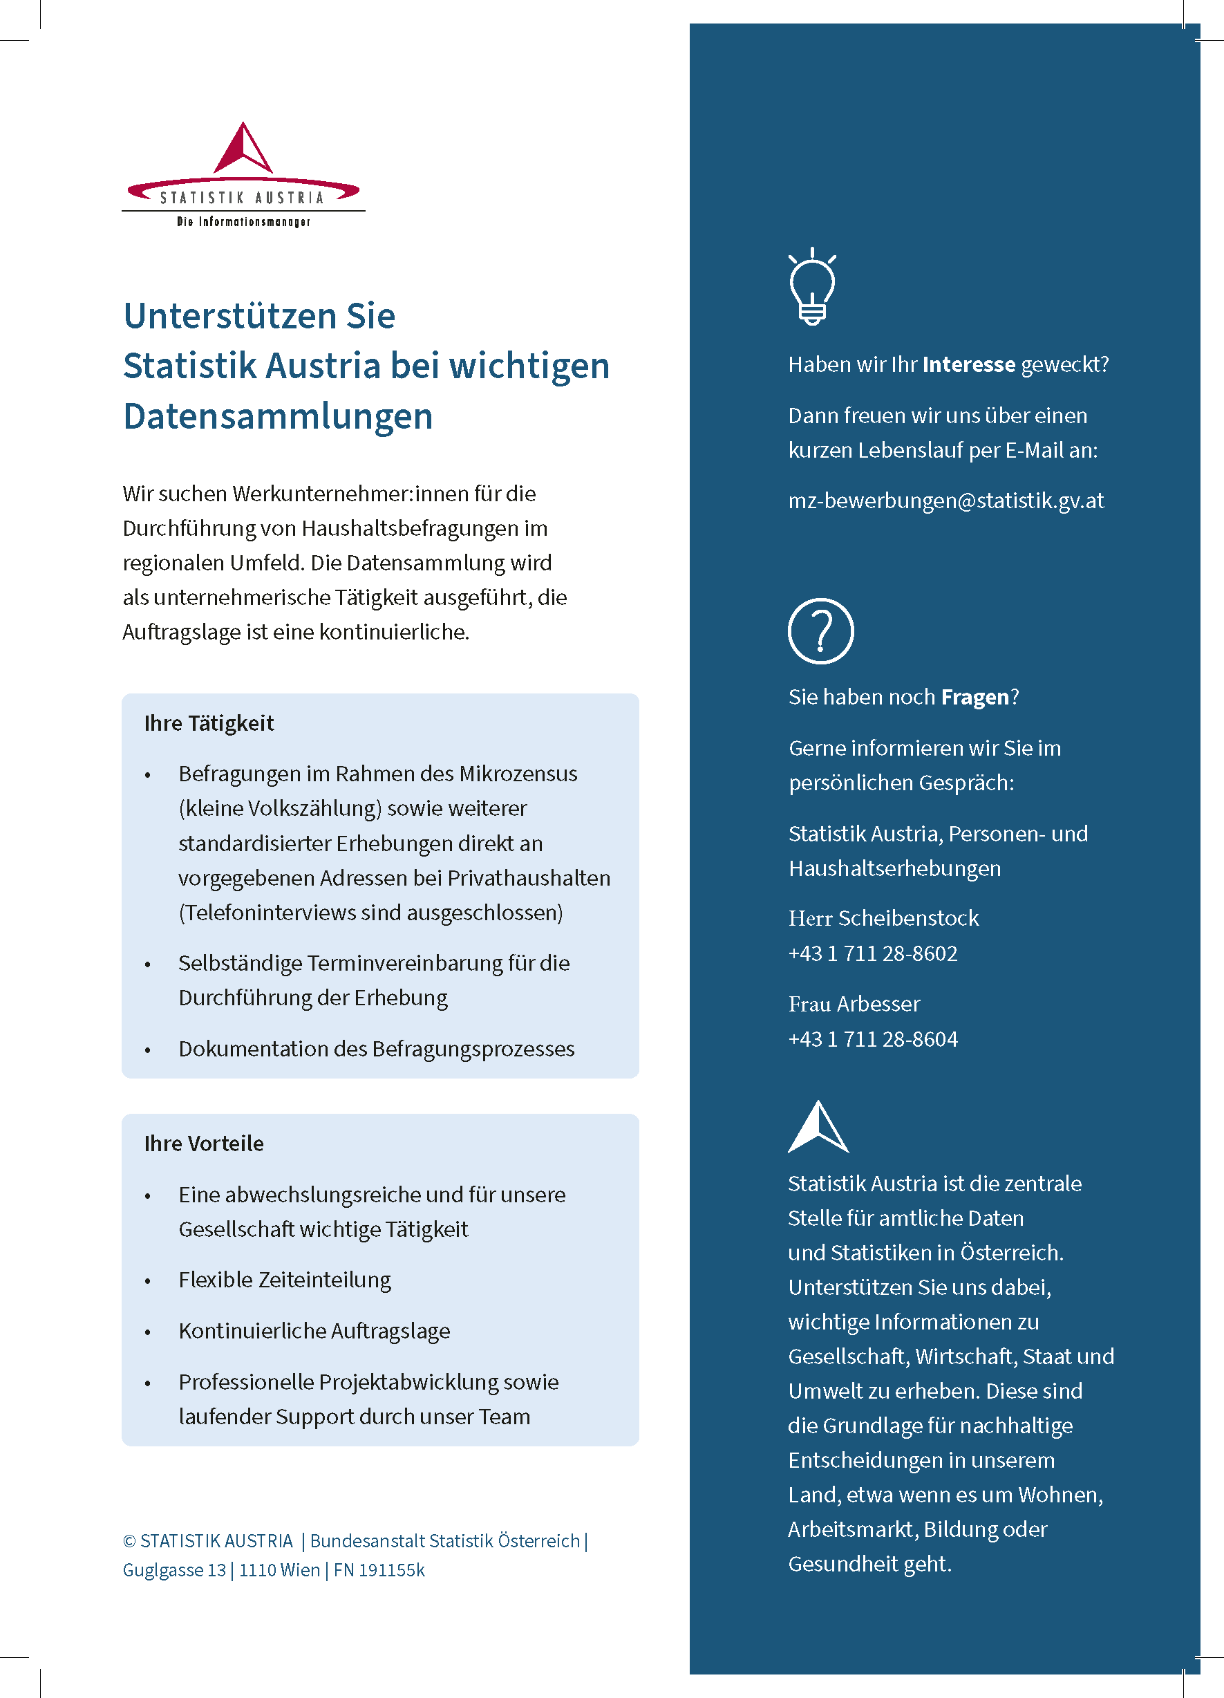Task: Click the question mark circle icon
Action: [820, 631]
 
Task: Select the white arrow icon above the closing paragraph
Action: [818, 1128]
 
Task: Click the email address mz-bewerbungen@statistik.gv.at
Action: [945, 500]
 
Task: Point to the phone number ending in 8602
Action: [872, 953]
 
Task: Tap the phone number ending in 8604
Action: [872, 1039]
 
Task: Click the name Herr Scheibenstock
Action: [883, 918]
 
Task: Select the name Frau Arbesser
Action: [854, 1004]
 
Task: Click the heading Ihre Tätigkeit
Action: [209, 723]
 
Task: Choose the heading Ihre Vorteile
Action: [204, 1144]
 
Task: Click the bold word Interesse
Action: [969, 364]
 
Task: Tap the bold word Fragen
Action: [975, 697]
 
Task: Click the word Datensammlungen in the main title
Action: [278, 416]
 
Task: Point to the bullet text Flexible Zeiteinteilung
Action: [285, 1280]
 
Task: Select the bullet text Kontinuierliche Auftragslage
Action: [314, 1330]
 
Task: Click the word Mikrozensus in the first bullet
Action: [518, 774]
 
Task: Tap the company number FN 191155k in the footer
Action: [379, 1570]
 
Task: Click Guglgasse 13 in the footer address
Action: [174, 1570]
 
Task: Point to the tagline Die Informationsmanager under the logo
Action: [243, 222]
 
